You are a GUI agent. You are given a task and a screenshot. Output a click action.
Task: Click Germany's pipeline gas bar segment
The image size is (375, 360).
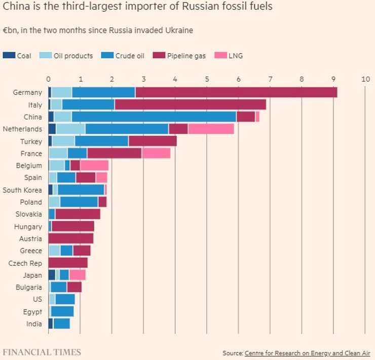pyautogui.click(x=236, y=92)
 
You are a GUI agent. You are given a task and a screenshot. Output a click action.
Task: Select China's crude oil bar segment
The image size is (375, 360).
pyautogui.click(x=154, y=117)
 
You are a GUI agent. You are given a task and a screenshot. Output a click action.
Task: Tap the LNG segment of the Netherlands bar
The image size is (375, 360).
pyautogui.click(x=211, y=129)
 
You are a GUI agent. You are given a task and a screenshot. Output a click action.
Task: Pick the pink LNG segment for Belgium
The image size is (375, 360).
pyautogui.click(x=94, y=165)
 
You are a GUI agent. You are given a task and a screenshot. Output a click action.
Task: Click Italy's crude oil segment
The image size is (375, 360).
pyautogui.click(x=88, y=104)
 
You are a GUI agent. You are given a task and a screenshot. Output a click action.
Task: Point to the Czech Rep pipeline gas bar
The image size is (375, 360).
pyautogui.click(x=68, y=263)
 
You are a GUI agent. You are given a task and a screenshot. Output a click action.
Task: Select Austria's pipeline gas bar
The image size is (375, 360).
pyautogui.click(x=70, y=239)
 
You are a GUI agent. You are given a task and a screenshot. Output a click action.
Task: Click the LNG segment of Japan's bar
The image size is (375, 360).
pyautogui.click(x=77, y=275)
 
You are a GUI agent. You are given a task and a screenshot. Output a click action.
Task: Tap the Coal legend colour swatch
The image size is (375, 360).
pyautogui.click(x=9, y=56)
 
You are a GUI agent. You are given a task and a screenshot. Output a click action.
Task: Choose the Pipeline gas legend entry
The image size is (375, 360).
pyautogui.click(x=182, y=56)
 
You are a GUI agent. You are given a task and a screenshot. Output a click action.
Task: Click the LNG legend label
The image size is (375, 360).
pyautogui.click(x=236, y=56)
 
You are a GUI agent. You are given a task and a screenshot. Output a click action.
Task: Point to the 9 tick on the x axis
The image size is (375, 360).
pyautogui.click(x=333, y=79)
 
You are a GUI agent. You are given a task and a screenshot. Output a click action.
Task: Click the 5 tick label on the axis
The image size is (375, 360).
pyautogui.click(x=207, y=79)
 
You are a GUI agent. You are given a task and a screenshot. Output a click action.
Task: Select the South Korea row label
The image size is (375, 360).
pyautogui.click(x=22, y=190)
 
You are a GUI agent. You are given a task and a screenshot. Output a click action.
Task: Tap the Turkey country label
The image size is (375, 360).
pyautogui.click(x=31, y=141)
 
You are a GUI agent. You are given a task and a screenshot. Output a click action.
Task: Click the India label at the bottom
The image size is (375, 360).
pyautogui.click(x=34, y=324)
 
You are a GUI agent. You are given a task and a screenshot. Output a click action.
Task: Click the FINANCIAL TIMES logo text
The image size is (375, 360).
pyautogui.click(x=42, y=352)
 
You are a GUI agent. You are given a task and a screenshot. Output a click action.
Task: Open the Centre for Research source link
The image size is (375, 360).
pyautogui.click(x=307, y=353)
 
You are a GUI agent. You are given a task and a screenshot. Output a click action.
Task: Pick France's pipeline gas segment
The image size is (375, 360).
pyautogui.click(x=114, y=153)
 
